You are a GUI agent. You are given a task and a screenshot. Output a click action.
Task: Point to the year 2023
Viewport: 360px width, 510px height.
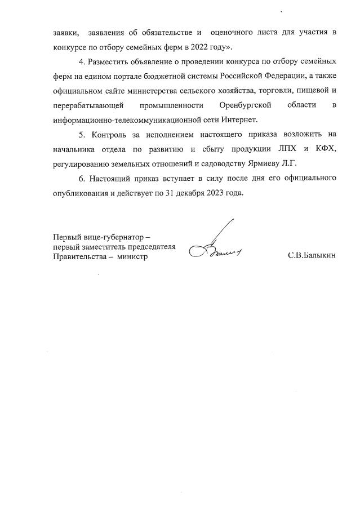[217, 193]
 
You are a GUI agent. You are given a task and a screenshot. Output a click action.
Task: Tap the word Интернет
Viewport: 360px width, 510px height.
[238, 119]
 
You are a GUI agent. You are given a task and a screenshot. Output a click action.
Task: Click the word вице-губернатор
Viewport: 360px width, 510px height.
[114, 237]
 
